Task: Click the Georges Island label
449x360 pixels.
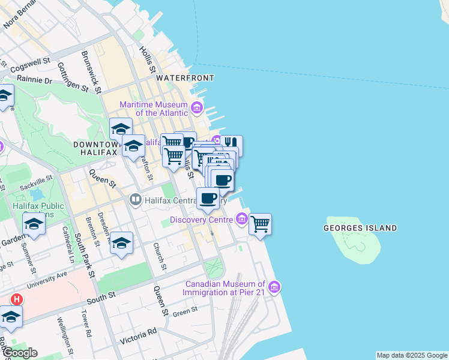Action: [x=360, y=228]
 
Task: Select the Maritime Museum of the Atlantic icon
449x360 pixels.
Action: [x=197, y=109]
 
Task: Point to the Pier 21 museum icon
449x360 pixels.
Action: [x=274, y=287]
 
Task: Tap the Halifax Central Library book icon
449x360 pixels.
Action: [x=136, y=199]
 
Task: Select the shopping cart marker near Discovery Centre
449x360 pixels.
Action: [x=260, y=224]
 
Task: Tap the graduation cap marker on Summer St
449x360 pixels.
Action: [x=34, y=224]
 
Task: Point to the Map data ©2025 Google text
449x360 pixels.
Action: [x=412, y=355]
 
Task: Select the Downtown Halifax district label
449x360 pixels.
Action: [x=96, y=149]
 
